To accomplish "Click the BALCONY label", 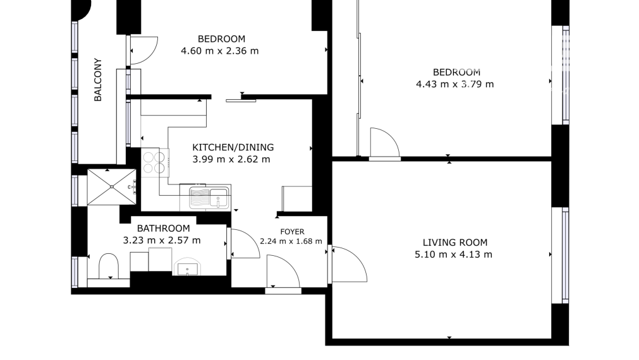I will click(x=98, y=80).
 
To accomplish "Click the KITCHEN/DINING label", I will click(x=233, y=147).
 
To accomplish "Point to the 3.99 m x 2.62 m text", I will click(x=231, y=160).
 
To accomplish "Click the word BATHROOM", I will click(x=163, y=228).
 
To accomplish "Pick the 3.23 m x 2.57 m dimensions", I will click(x=162, y=240).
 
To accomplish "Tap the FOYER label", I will click(x=291, y=231).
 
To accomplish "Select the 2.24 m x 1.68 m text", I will click(x=291, y=241).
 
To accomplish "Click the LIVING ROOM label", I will click(x=454, y=243).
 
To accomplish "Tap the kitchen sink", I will click(x=210, y=197).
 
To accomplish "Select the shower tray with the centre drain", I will click(x=111, y=186).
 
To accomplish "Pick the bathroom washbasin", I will click(x=190, y=267).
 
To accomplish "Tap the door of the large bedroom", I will click(x=384, y=143).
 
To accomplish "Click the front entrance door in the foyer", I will click(x=283, y=273).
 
